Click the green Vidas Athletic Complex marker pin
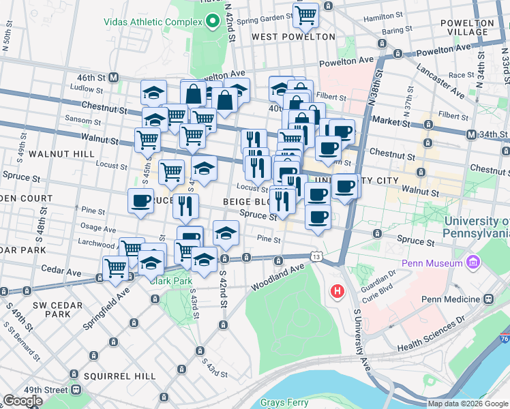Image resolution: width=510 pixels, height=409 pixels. coord(212,20)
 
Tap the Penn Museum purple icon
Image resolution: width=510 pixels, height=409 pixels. coord(473,262)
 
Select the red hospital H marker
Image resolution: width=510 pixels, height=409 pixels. coord(336,292)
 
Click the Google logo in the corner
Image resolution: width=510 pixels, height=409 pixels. coord(22,401)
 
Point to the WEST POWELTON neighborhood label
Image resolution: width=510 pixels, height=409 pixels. coord(293,37)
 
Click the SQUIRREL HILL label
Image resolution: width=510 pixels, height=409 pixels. coord(112,376)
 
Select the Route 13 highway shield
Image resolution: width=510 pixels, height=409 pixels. coord(315,256)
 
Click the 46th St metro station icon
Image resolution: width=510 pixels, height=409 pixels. coord(114,78)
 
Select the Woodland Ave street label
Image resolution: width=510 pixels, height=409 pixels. coord(278,276)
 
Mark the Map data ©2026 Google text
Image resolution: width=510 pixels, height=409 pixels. coord(467,404)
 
